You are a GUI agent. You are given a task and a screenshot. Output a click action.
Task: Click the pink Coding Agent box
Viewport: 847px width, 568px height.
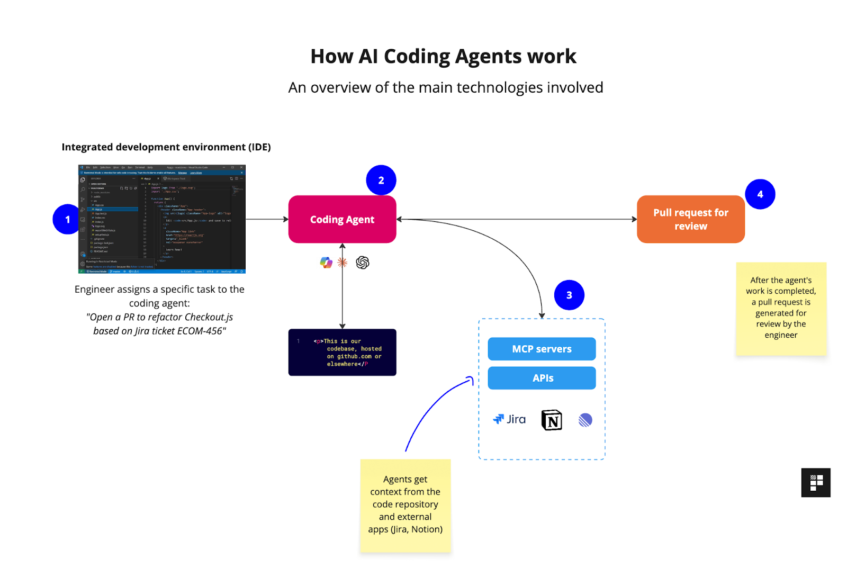(x=342, y=219)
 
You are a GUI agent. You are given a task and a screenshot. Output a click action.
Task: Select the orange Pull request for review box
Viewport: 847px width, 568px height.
(x=690, y=219)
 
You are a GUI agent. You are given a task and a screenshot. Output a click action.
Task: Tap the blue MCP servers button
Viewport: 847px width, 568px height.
(x=542, y=349)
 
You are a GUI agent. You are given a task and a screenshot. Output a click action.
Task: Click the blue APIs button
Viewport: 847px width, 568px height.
(x=542, y=378)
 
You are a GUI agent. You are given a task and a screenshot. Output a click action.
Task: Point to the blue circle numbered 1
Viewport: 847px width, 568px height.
(x=67, y=219)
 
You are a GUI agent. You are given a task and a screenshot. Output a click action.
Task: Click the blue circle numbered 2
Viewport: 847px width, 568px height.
(x=381, y=180)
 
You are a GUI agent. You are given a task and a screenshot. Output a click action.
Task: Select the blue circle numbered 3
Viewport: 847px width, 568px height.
(x=569, y=295)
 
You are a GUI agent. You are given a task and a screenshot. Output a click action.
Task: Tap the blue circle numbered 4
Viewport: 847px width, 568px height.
(x=760, y=194)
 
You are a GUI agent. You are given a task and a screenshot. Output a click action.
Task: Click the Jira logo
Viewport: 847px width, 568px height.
(x=509, y=419)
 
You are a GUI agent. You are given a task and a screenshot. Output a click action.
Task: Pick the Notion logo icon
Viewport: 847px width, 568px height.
(x=552, y=420)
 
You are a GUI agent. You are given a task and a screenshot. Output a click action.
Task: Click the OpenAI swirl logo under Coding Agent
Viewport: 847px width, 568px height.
(x=363, y=263)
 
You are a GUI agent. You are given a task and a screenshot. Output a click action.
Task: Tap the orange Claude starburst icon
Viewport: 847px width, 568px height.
(x=343, y=262)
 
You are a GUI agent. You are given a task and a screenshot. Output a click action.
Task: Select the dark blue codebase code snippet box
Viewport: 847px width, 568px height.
(x=342, y=353)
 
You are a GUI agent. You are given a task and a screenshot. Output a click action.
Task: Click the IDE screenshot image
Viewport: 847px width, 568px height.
(x=162, y=219)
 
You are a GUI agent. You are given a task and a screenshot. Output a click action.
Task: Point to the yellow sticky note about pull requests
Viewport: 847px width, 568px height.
(x=781, y=308)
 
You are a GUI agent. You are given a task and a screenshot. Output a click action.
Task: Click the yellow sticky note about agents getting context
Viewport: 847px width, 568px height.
(x=405, y=506)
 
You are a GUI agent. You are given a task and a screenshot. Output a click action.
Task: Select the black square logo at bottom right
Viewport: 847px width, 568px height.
(x=816, y=482)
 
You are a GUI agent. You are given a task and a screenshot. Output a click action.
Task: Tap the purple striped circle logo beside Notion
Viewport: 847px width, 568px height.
(x=585, y=420)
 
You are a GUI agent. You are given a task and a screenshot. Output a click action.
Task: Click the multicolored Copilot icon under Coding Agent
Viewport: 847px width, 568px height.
(x=326, y=263)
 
